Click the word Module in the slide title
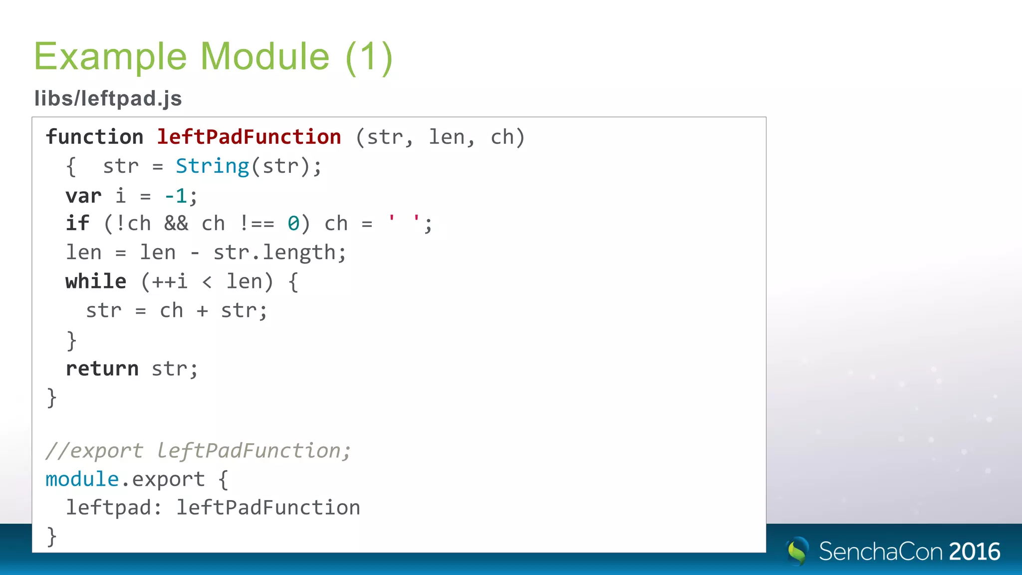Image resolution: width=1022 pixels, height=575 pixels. tap(265, 56)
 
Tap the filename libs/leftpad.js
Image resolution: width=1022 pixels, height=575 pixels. tap(108, 98)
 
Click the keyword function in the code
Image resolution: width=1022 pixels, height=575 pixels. tap(94, 137)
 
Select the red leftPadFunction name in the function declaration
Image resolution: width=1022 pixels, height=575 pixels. tap(249, 137)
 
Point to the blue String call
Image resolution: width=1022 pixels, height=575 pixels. tap(212, 166)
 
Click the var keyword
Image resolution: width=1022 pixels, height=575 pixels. tap(83, 196)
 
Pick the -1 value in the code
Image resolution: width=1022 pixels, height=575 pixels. tap(176, 196)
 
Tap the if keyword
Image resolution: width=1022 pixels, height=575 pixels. tap(77, 224)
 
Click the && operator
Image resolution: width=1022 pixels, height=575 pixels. tap(176, 224)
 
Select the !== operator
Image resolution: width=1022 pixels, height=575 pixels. tap(257, 224)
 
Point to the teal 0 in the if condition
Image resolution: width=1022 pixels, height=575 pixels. tap(293, 224)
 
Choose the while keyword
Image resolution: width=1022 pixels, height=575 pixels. tap(96, 282)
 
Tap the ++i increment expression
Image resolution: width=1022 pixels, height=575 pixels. tap(170, 282)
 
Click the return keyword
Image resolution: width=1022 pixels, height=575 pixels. tap(102, 369)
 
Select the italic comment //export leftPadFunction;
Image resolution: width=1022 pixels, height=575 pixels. tap(198, 451)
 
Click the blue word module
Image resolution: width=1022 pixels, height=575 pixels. tap(82, 479)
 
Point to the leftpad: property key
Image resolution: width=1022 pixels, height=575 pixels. tap(114, 508)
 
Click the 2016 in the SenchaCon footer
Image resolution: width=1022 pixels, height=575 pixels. tap(975, 552)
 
